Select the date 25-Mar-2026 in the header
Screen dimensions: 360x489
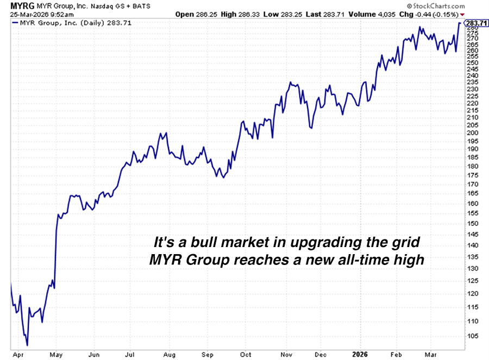coord(21,14)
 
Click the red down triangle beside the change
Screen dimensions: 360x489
coord(462,14)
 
